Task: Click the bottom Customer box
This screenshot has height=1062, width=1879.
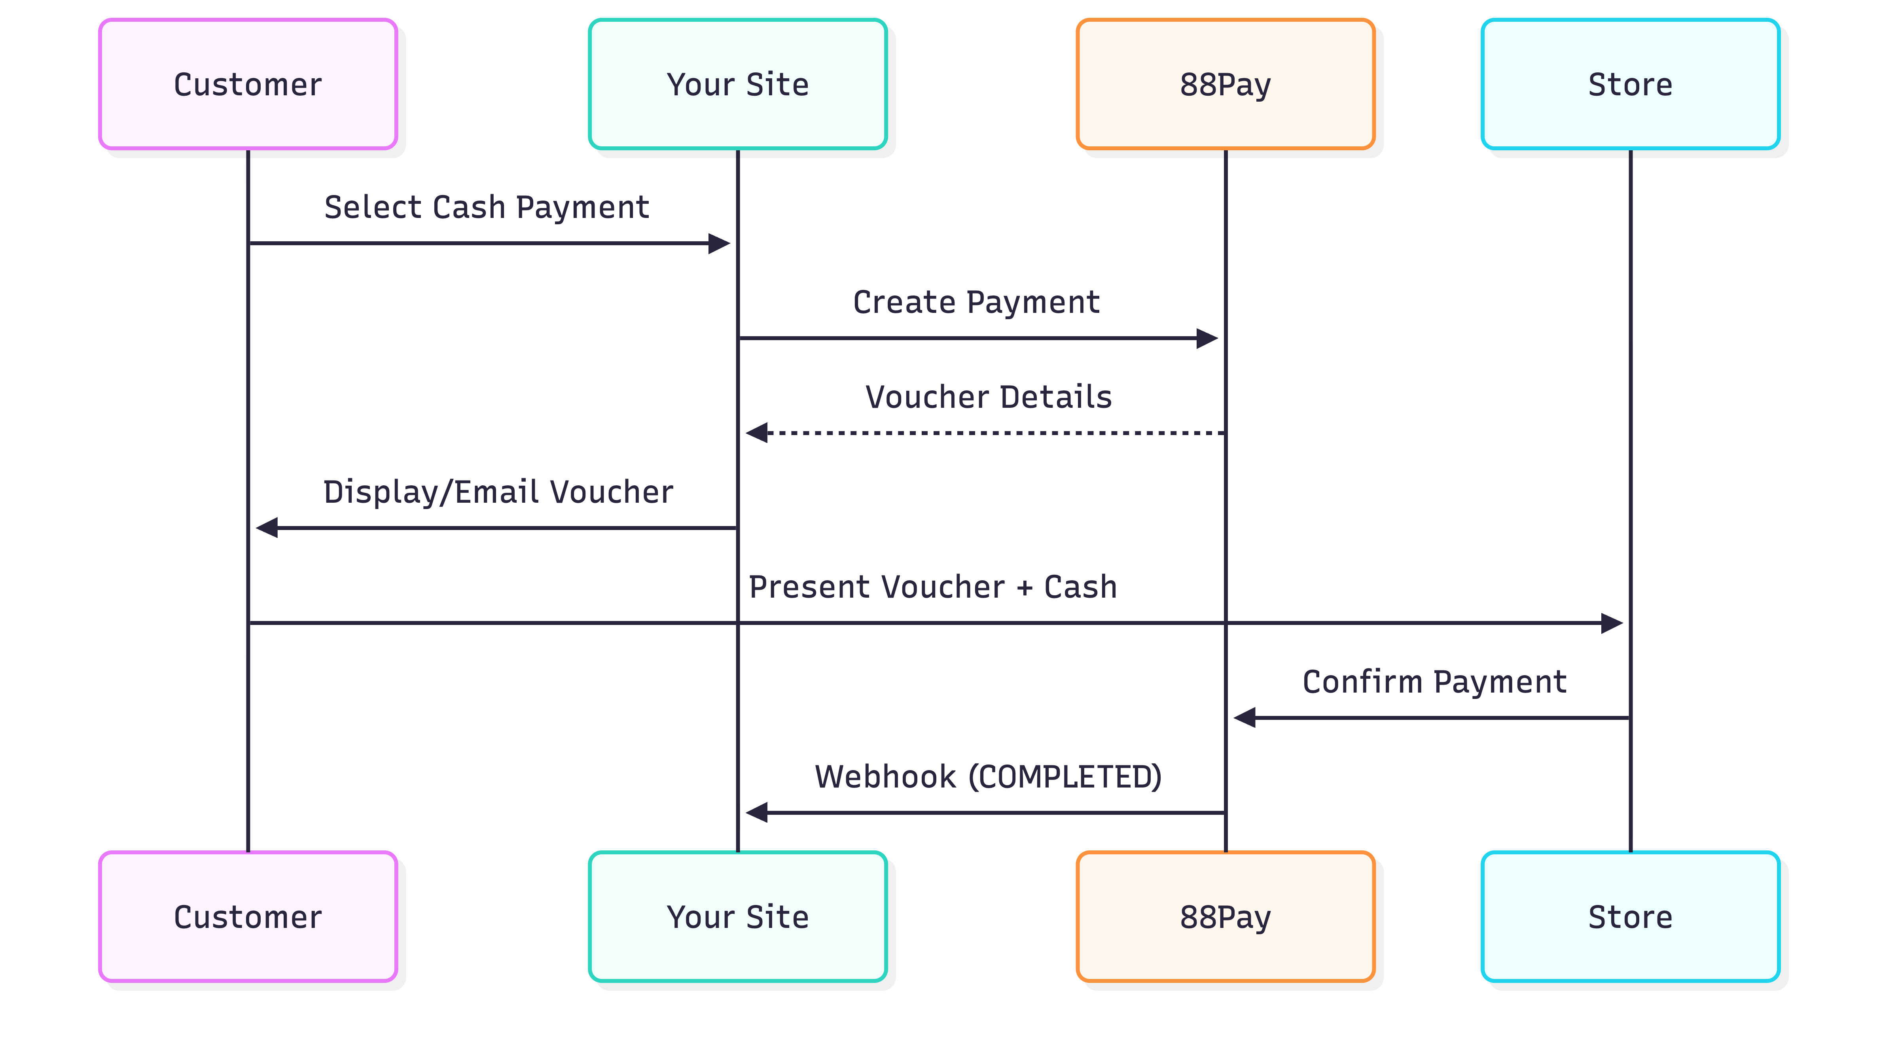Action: coord(248,917)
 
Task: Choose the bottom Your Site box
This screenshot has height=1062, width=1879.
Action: coord(737,917)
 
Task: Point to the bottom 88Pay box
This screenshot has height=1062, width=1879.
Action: coord(1226,917)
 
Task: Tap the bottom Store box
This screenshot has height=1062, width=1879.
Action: coord(1630,917)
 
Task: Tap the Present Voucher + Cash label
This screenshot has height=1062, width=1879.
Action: coord(933,587)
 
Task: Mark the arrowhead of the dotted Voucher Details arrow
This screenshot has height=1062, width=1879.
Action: coord(757,433)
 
